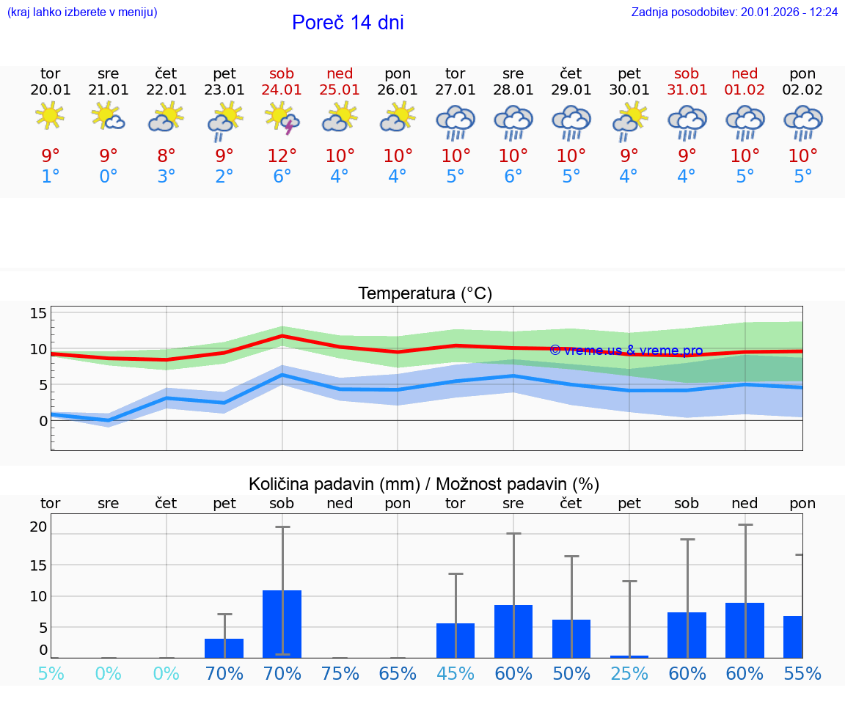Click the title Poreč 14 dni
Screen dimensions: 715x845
click(x=348, y=23)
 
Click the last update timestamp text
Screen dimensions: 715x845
click(x=734, y=12)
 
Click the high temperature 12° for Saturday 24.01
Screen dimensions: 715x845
click(x=282, y=156)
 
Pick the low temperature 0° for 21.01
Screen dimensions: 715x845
click(x=109, y=177)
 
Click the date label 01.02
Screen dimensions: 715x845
click(x=745, y=90)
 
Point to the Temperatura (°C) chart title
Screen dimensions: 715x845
click(x=425, y=294)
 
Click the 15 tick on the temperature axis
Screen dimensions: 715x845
click(x=38, y=314)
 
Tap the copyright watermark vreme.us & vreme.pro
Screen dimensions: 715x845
click(x=626, y=351)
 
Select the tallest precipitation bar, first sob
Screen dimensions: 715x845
click(x=282, y=623)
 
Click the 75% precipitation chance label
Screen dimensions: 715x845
click(x=340, y=673)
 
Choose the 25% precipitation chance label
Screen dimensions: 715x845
click(x=629, y=673)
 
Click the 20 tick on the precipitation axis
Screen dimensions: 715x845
click(x=38, y=527)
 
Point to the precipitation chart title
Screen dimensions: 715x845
click(x=424, y=484)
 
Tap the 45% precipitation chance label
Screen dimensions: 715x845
click(x=456, y=673)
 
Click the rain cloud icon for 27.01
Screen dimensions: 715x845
click(x=456, y=122)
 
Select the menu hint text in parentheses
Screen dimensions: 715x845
click(x=82, y=12)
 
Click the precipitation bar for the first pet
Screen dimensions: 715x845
click(x=224, y=648)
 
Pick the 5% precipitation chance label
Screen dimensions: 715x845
click(x=51, y=673)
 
